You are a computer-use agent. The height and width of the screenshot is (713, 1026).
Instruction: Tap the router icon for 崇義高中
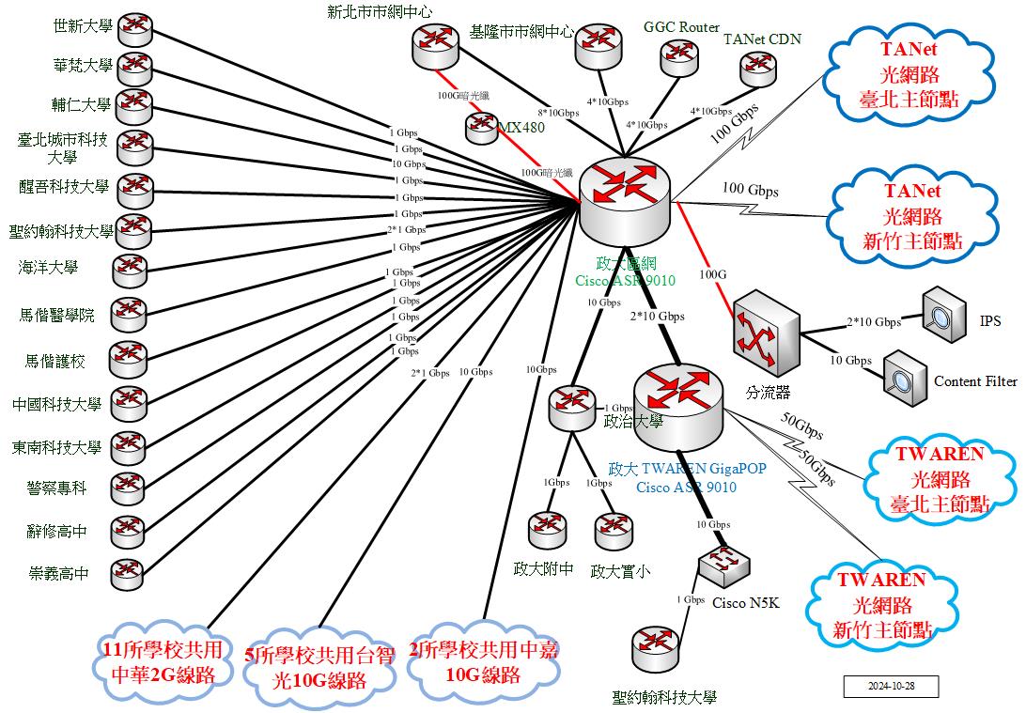click(x=128, y=572)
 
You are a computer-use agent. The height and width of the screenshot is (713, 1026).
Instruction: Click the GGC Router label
click(x=681, y=27)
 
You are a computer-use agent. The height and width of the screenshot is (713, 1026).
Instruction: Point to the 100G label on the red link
click(x=713, y=273)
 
